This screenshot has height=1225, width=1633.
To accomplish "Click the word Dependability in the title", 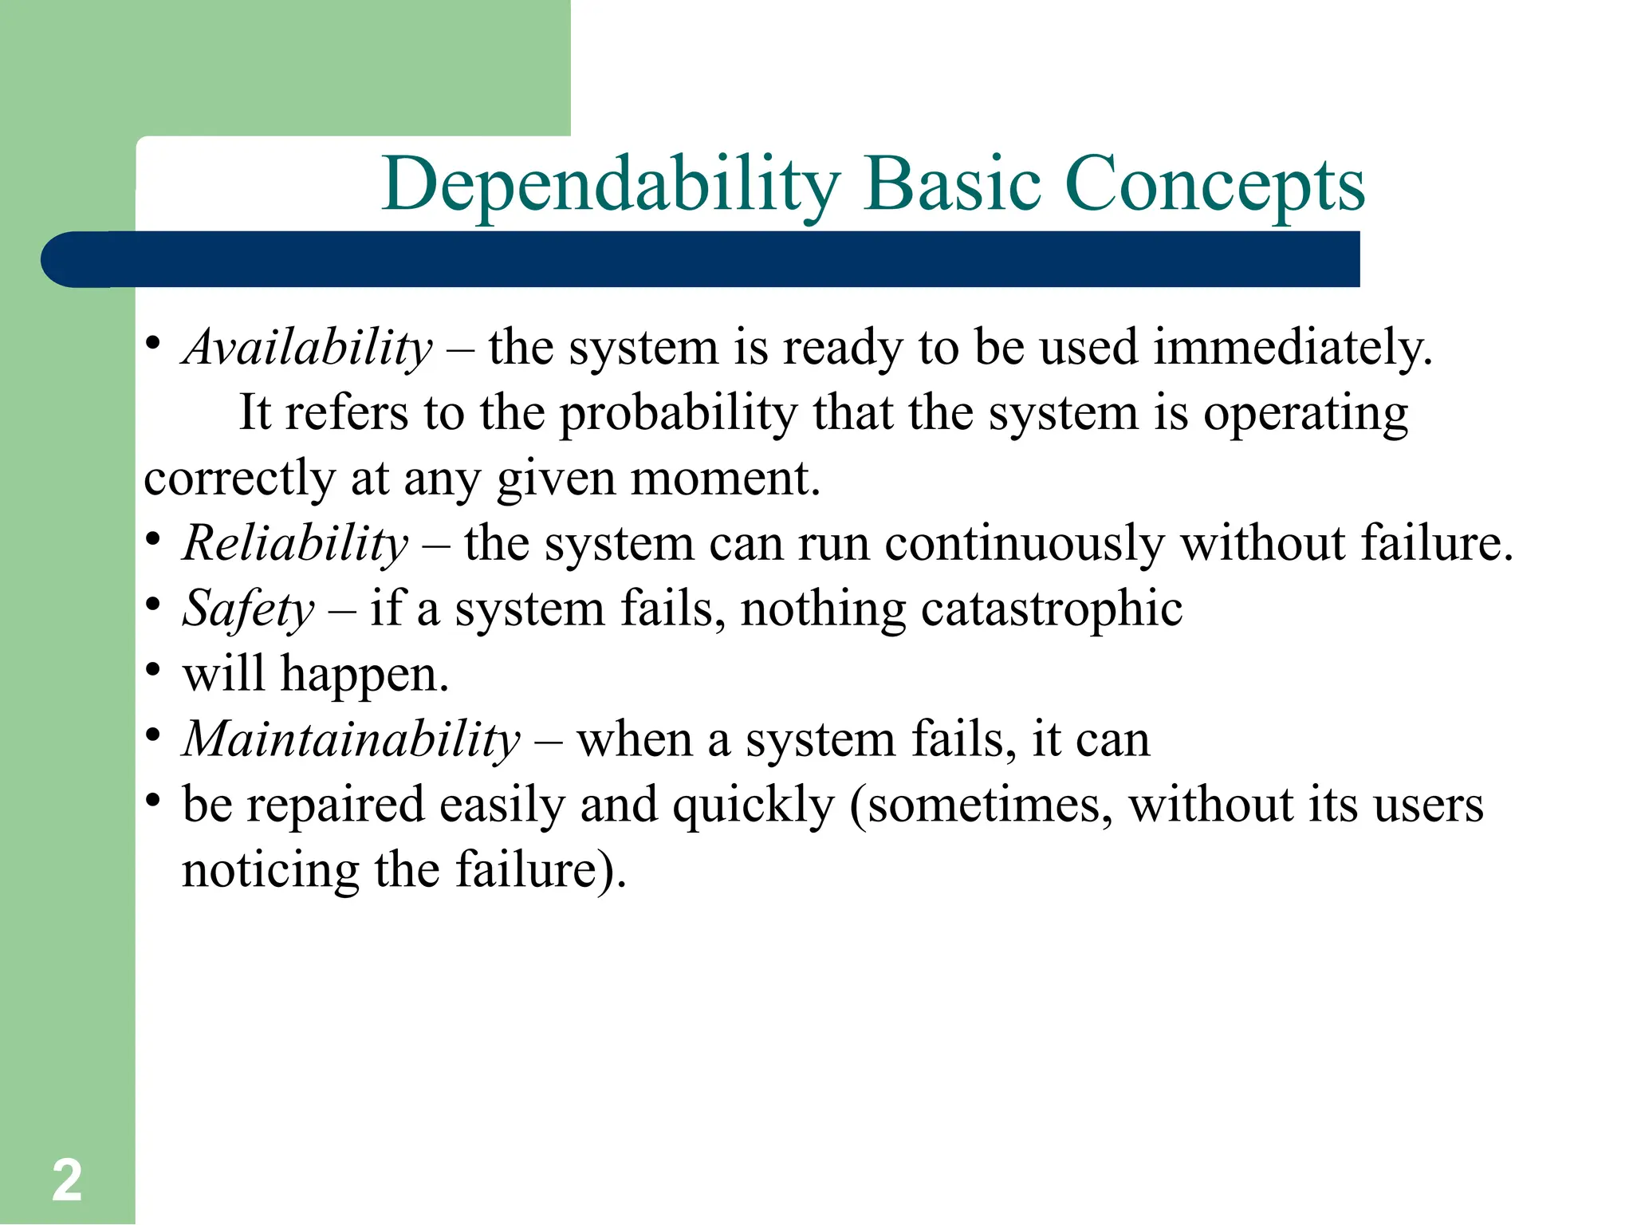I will tap(611, 185).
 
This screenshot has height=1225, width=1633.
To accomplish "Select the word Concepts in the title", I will tap(1214, 185).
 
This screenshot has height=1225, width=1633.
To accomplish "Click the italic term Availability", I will tap(308, 349).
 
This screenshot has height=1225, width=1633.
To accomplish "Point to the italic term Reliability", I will tap(295, 544).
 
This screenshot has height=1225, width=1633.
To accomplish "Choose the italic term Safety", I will tap(249, 609).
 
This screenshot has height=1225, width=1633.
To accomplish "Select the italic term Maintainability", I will tap(352, 739).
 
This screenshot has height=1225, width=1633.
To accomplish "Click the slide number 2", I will tap(67, 1180).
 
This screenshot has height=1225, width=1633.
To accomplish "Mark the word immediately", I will tap(1293, 349).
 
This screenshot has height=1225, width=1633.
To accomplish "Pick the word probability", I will tap(678, 414).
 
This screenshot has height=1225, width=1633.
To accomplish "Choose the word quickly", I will tap(753, 805).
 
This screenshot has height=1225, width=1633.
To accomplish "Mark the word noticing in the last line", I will tap(270, 870).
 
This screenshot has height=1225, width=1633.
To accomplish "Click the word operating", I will tap(1305, 414).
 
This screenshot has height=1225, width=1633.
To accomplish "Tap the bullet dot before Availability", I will tap(153, 343).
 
